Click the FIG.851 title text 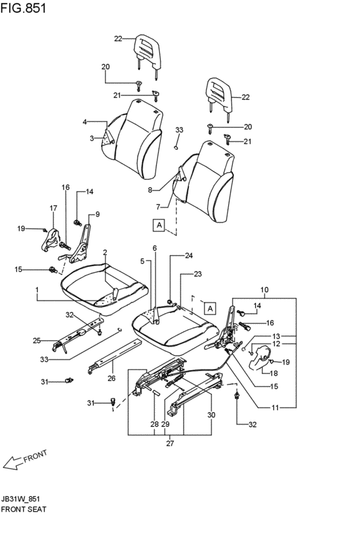click(x=23, y=8)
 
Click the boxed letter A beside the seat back click(x=159, y=225)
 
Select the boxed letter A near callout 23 click(x=210, y=309)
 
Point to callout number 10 click(x=264, y=289)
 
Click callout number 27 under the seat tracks click(x=170, y=444)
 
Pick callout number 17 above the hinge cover click(x=53, y=208)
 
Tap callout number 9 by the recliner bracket click(x=97, y=214)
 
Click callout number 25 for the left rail click(x=37, y=341)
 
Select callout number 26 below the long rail click(x=111, y=378)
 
